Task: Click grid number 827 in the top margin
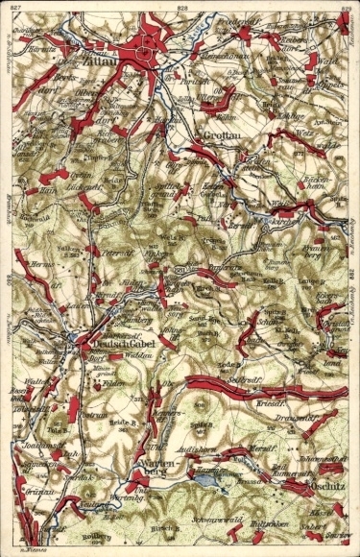pos(11,7)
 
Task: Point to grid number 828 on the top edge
pos(182,7)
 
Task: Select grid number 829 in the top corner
pos(347,7)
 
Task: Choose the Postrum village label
pos(93,414)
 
